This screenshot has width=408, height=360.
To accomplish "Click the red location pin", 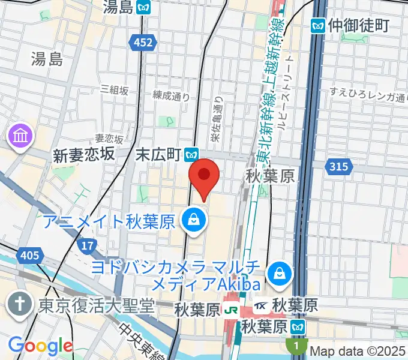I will click(204, 175).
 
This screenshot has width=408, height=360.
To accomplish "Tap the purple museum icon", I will click(21, 136).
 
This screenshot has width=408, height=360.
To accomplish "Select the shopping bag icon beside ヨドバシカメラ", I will click(280, 274).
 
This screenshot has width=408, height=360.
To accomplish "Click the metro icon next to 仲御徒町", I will click(318, 25).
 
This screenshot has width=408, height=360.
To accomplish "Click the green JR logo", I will click(230, 310).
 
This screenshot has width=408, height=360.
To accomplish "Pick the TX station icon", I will click(260, 306).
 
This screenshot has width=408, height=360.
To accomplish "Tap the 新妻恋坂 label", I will click(84, 154).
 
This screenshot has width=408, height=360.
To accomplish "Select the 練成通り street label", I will click(171, 95).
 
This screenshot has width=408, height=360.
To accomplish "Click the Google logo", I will click(40, 346).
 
